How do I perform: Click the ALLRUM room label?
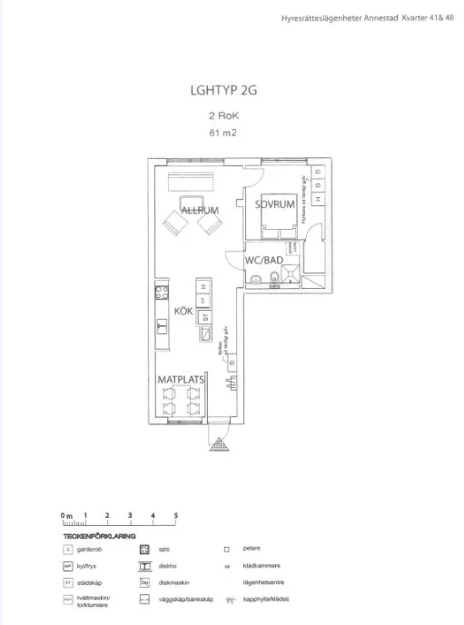coord(201,211)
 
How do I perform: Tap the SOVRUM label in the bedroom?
coord(275,205)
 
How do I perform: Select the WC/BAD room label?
coord(264,261)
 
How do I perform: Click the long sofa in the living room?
coord(194,182)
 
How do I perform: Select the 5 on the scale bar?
coord(175,516)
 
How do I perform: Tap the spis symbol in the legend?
coord(143,550)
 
